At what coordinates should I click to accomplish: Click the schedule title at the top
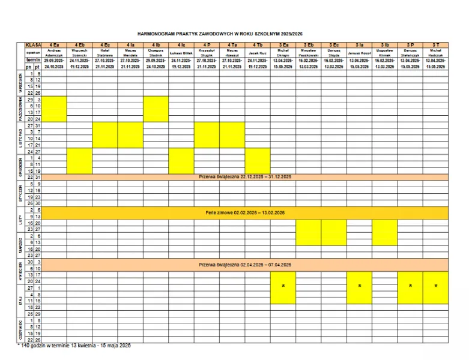coord(235,34)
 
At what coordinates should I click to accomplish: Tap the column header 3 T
coord(435,45)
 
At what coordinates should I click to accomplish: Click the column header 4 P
coord(207,45)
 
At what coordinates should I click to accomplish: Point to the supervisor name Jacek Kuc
coord(258,53)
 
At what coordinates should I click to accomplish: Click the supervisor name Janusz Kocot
coord(359,53)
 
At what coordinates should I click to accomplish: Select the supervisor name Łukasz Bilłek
coord(181,53)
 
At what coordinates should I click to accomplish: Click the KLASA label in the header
coord(33,45)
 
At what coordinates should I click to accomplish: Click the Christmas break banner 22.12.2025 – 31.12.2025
coord(244,177)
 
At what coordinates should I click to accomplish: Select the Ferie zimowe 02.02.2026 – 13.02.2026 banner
coord(244,212)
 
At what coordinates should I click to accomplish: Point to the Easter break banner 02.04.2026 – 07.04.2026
coord(244,264)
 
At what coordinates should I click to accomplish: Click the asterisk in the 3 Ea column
coord(283,286)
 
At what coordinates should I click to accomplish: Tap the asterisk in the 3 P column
coord(410,286)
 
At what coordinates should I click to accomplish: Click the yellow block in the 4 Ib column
coord(156,109)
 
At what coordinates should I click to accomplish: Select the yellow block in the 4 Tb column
coord(258,160)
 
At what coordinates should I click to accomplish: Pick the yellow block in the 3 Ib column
coord(384,232)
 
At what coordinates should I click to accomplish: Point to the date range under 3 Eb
coord(309,64)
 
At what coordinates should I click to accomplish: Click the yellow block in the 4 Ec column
coord(105,134)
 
